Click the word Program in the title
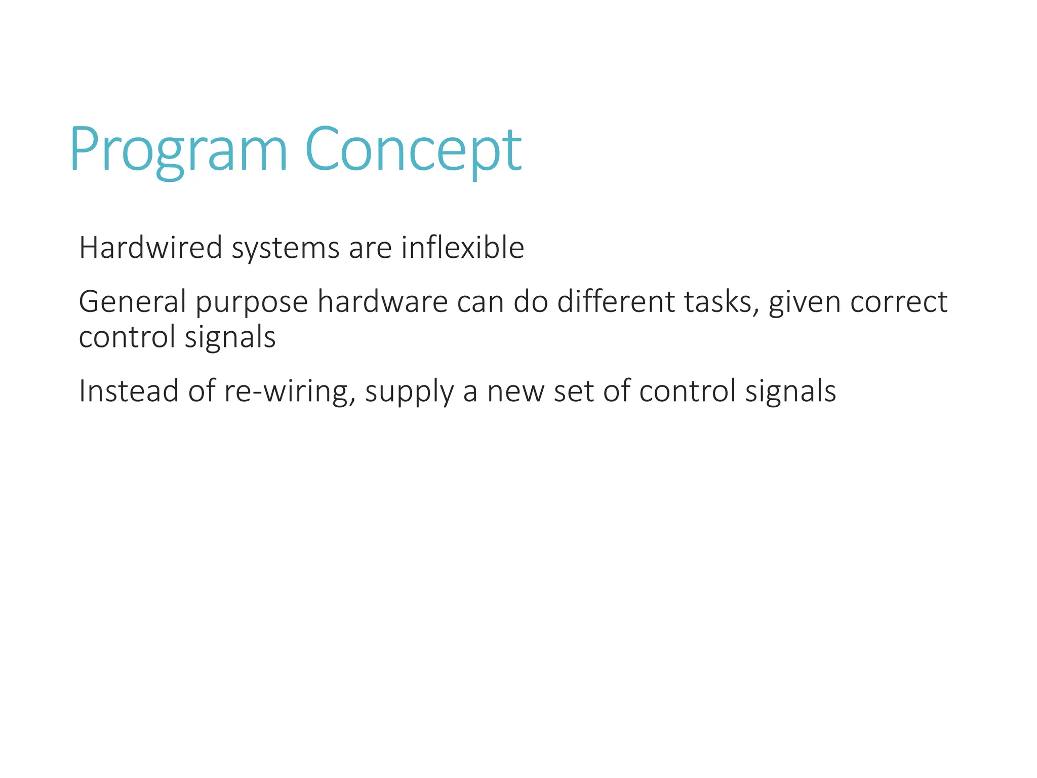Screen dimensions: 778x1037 [178, 151]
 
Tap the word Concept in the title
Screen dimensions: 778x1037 [413, 151]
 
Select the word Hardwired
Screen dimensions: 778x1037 [150, 248]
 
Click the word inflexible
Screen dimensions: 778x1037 [462, 248]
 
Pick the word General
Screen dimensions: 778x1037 [133, 301]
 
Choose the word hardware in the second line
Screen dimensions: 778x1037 [382, 301]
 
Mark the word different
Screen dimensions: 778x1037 [616, 301]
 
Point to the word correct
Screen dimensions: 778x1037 [899, 302]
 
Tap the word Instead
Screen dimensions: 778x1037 [129, 391]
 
